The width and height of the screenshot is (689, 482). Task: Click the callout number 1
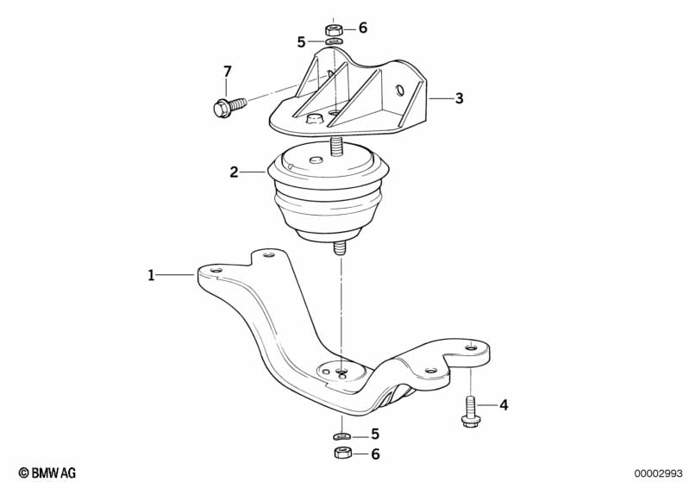151,276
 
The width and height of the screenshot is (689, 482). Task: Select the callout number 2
234,172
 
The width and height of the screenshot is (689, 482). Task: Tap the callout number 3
459,99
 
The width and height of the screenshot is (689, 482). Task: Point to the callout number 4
504,404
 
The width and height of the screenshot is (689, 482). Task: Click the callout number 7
228,71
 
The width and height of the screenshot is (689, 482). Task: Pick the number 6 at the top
362,28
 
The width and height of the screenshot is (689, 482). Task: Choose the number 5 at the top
301,41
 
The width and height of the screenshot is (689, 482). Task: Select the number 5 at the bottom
374,434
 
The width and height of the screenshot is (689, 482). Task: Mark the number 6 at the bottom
374,454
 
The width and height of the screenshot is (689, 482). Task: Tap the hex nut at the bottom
342,454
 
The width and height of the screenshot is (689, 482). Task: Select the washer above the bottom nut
342,435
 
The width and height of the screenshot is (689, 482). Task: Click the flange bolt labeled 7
228,107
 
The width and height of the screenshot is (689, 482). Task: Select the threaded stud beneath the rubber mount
341,247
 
